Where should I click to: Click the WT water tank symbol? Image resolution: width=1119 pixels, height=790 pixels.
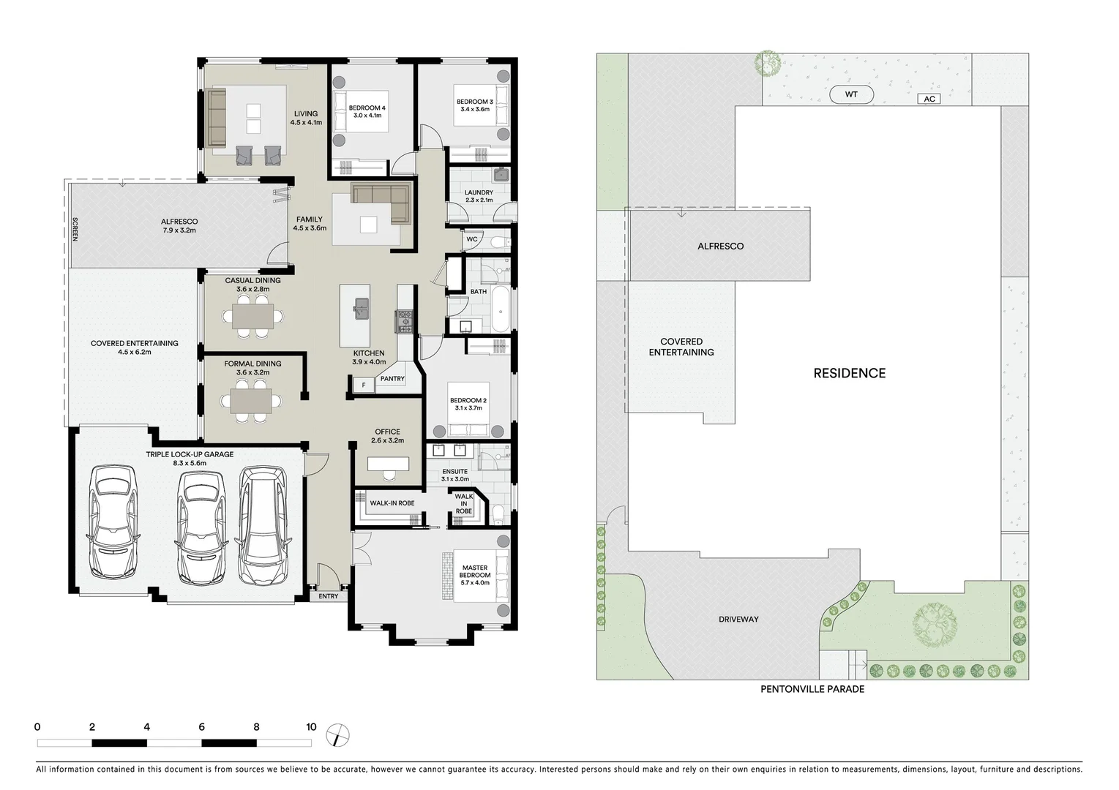pos(850,94)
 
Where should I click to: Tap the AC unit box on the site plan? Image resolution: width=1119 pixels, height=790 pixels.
pos(929,99)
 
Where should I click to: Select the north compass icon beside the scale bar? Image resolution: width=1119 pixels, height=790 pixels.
pos(339,734)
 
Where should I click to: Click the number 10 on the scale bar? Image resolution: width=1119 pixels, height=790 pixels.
pos(312,727)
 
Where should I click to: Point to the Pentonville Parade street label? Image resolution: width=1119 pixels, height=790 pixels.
pos(812,689)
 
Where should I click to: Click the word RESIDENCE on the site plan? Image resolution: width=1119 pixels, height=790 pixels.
pos(849,373)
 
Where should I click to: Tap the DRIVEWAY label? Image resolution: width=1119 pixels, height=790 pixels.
pos(738,620)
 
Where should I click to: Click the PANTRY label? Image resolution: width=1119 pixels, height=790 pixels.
pos(392,379)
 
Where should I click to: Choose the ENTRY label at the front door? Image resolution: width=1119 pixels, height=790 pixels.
pos(329,596)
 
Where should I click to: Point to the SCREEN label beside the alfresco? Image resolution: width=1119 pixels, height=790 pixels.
pos(75,229)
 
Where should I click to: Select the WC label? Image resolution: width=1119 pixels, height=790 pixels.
pos(472,239)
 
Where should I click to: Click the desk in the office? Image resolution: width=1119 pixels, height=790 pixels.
pos(388,464)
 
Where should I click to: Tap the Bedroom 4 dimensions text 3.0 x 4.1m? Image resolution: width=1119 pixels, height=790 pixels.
pos(367,116)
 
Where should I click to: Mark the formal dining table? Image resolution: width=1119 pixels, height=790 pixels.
pos(253,400)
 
